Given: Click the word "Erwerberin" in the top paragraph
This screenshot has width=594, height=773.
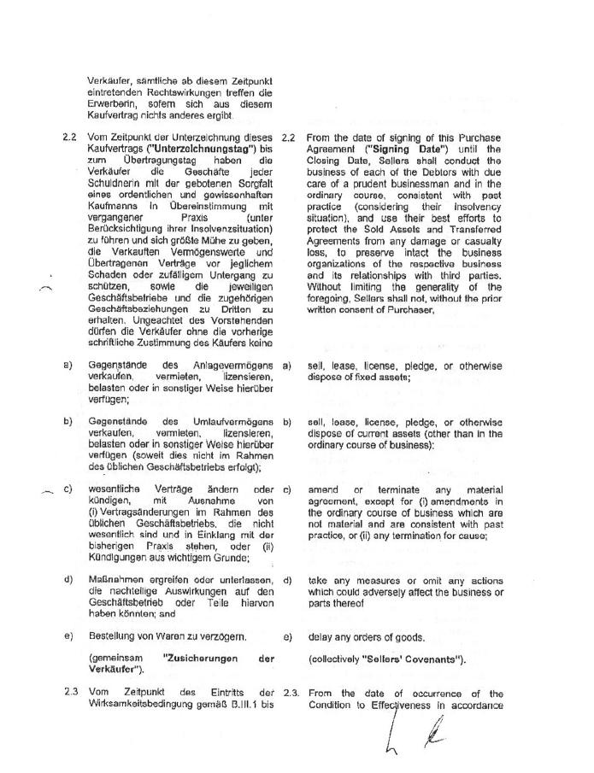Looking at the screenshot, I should click(111, 106).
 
